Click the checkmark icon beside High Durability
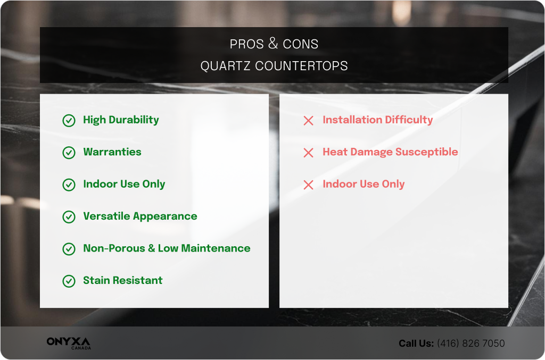(69, 121)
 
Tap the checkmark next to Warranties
(69, 153)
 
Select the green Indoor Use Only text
(124, 184)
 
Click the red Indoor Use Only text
(364, 184)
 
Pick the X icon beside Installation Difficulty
(308, 121)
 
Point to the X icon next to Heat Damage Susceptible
(308, 153)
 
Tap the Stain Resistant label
(122, 280)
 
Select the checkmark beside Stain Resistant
(69, 281)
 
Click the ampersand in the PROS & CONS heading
(273, 44)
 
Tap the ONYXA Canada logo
(68, 343)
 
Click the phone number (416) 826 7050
(470, 344)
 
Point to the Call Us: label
(416, 344)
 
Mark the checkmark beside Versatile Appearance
(69, 217)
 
